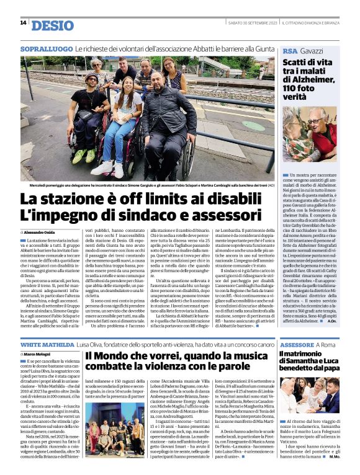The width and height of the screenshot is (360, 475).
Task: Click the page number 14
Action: click(x=23, y=23)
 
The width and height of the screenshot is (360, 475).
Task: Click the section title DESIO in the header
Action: click(x=51, y=25)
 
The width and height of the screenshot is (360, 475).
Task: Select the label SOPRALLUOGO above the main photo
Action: click(x=46, y=48)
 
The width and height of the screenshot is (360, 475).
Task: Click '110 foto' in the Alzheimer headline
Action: click(x=305, y=88)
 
